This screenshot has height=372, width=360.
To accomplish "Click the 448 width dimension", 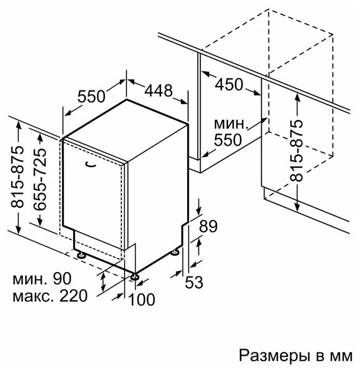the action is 158,91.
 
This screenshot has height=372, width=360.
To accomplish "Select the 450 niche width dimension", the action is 229,85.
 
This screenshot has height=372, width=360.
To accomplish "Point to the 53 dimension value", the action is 194,282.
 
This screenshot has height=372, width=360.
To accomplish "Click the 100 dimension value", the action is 142,300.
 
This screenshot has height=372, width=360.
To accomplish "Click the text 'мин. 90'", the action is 42,278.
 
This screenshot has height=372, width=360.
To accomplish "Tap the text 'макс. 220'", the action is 50,296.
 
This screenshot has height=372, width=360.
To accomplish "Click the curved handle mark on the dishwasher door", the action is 90,164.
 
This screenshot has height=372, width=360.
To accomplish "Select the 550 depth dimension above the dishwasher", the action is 92,96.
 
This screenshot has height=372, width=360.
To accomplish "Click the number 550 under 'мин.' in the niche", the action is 228,140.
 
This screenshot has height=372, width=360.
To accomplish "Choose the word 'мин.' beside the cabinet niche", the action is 231,124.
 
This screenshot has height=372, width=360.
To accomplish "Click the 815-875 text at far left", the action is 17,177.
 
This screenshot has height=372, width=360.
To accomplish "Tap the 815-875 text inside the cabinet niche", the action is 297,151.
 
